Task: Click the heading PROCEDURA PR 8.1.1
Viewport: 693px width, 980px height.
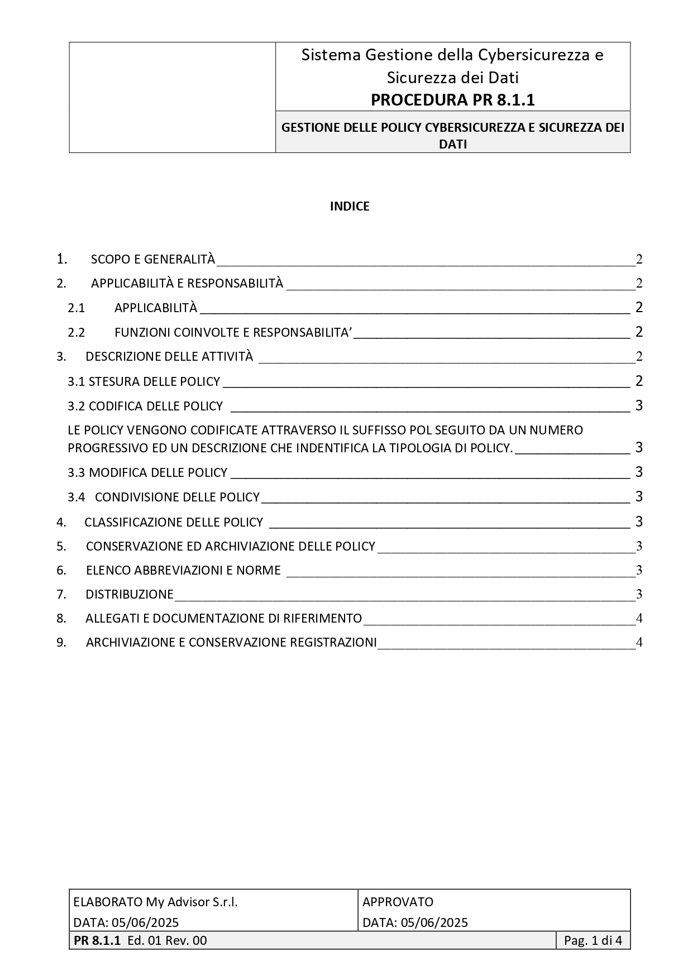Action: [x=452, y=100]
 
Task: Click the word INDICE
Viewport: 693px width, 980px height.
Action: [x=350, y=207]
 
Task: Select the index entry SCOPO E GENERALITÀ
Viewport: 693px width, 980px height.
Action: [x=152, y=260]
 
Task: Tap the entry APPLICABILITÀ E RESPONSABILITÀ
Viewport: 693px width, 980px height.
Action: [x=187, y=284]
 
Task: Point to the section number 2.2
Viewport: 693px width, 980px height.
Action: [x=77, y=333]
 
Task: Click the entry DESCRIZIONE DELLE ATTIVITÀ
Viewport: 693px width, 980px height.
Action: [x=169, y=357]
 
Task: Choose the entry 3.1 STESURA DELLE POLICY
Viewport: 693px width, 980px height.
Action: [x=144, y=381]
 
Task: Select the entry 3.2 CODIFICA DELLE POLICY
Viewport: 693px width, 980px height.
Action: [x=145, y=406]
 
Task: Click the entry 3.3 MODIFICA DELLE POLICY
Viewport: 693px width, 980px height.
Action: [x=147, y=473]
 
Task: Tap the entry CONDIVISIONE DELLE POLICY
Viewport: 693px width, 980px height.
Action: [x=177, y=497]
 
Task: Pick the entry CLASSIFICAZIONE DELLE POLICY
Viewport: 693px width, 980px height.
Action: [x=173, y=522]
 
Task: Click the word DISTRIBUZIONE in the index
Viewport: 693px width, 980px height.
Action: [x=129, y=595]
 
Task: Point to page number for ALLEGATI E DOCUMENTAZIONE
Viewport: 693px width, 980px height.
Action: [x=639, y=618]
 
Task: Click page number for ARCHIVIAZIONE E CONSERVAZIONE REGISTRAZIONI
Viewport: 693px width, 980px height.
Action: [x=639, y=643]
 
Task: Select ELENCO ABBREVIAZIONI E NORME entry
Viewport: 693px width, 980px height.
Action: [x=183, y=571]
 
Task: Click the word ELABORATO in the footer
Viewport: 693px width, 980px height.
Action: [x=108, y=902]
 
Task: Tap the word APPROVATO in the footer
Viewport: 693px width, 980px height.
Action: [x=398, y=902]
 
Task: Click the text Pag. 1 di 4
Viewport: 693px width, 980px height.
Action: [x=593, y=940]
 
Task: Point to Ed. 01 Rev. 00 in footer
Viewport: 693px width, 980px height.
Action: [x=167, y=940]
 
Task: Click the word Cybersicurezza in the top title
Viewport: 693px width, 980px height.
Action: [x=533, y=55]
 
